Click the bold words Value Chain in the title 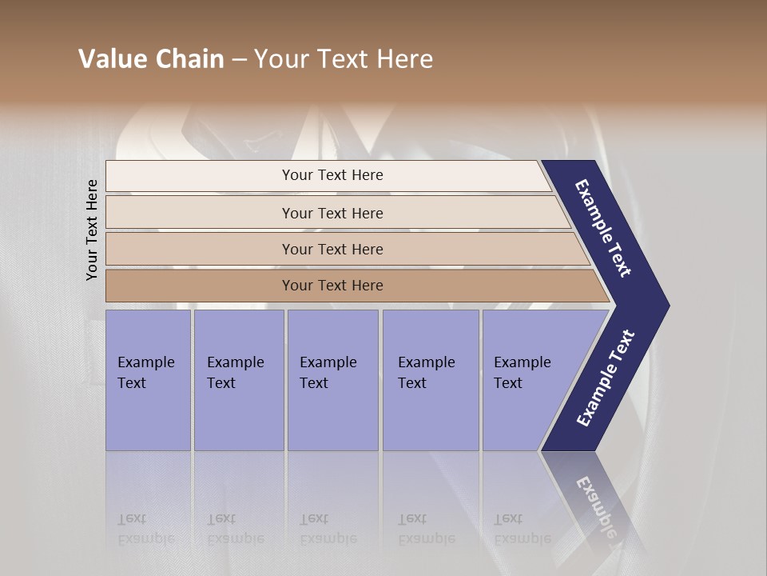coord(151,59)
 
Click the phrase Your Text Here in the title coord(344,59)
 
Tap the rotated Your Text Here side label coord(92,230)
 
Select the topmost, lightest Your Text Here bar coord(332,175)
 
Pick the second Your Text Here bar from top coord(332,213)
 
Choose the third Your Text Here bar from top coord(332,249)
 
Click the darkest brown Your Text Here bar coord(332,286)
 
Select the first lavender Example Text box coord(148,380)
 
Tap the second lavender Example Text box coord(238,380)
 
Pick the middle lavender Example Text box coord(332,380)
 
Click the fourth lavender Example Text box coord(431,380)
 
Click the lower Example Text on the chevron coord(606,378)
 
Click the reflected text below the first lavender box coord(145,529)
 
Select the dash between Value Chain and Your coord(239,60)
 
